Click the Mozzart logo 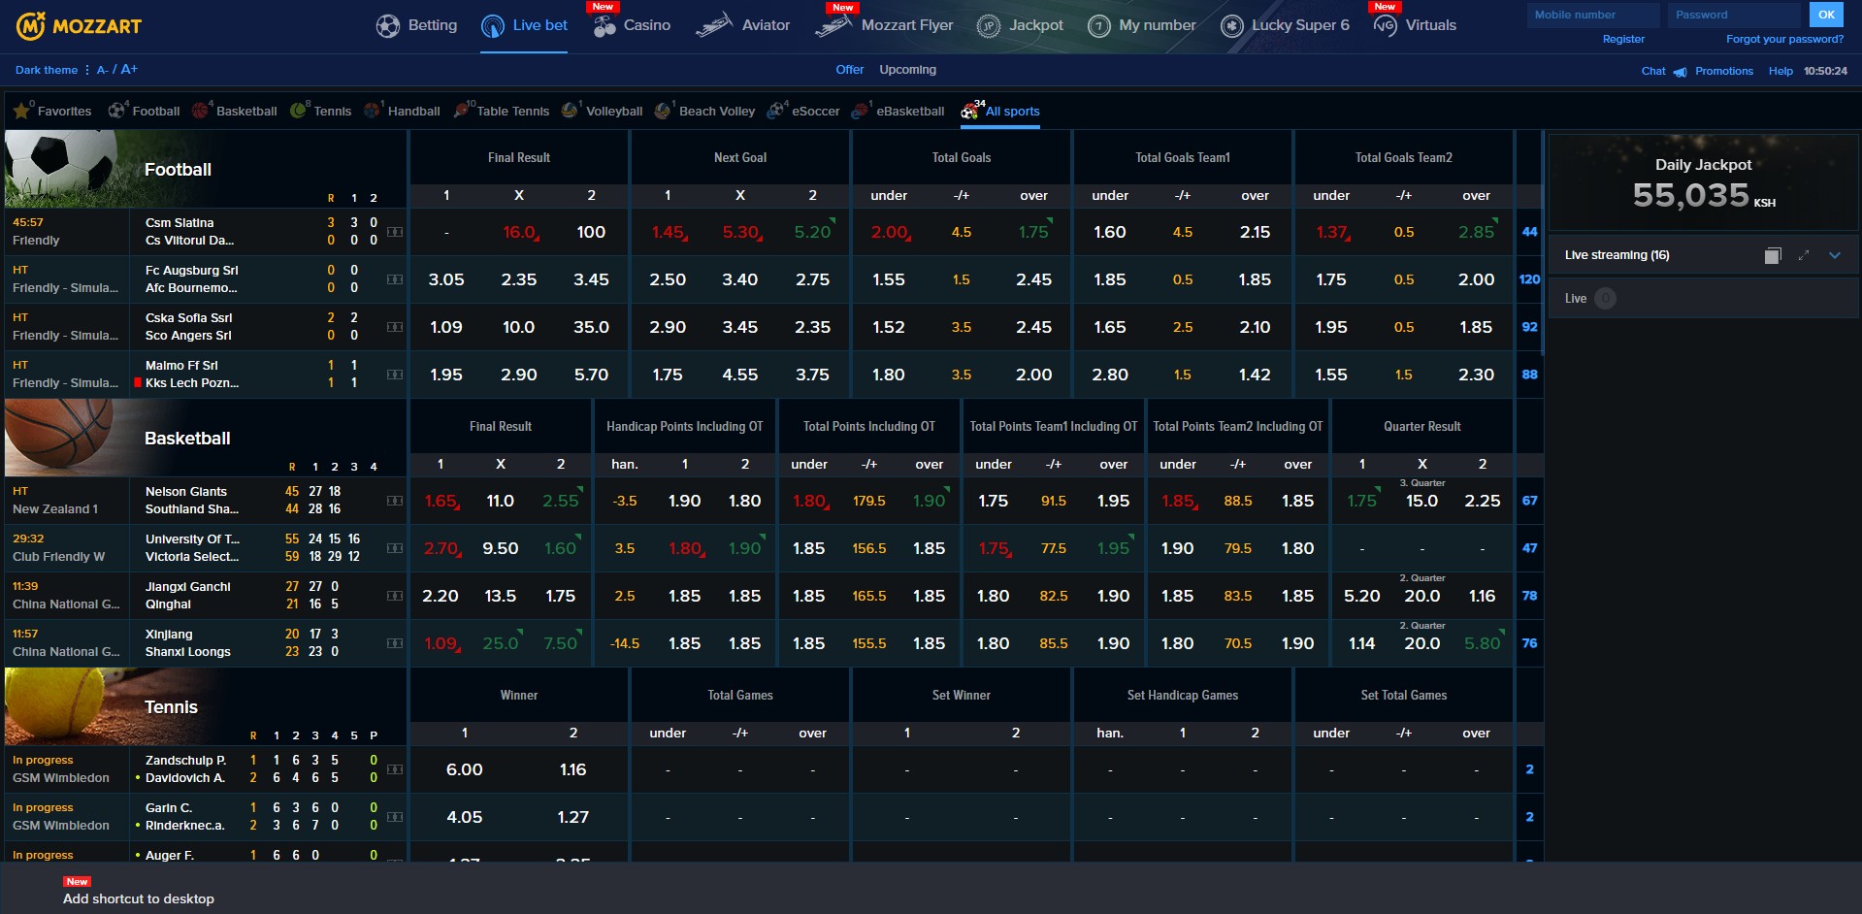80,26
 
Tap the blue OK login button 1825,15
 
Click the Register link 1622,40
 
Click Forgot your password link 1783,40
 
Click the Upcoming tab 907,70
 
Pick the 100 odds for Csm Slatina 591,233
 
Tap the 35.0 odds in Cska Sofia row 591,328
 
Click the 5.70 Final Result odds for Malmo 591,375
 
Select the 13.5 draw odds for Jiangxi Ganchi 500,597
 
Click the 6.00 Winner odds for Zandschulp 464,770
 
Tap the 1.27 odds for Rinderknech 572,818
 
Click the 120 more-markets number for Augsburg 1529,280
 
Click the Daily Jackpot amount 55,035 1690,196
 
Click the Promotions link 1723,72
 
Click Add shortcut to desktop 139,899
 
